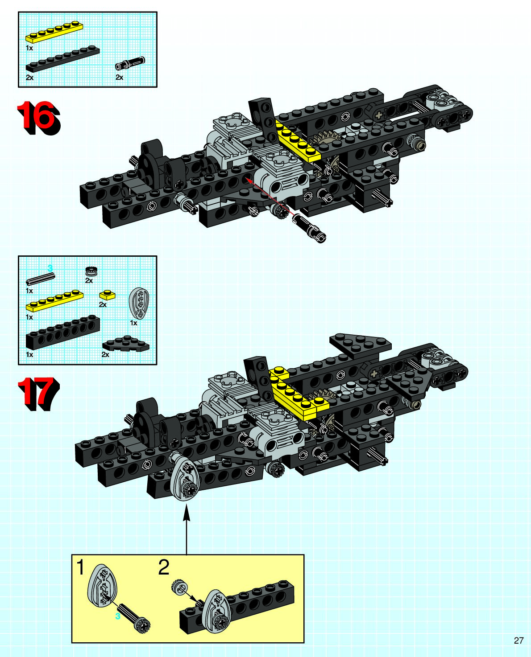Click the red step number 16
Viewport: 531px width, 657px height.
pos(38,117)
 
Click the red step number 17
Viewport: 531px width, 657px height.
pos(38,394)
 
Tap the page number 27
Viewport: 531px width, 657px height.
pos(519,641)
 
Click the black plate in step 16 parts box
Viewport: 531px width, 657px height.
pos(62,59)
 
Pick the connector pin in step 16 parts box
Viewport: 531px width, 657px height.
pos(130,63)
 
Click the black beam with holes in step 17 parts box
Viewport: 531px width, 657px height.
pos(62,332)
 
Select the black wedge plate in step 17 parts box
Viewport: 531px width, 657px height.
pos(126,345)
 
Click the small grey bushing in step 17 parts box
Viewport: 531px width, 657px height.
pos(91,271)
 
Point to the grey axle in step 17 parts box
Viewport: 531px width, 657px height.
pos(40,279)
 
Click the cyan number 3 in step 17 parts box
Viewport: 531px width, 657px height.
pos(50,267)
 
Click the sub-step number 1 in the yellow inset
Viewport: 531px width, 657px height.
pos(81,568)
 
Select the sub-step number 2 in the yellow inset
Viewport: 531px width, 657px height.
pos(164,568)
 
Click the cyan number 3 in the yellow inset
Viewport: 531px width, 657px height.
pos(118,616)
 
